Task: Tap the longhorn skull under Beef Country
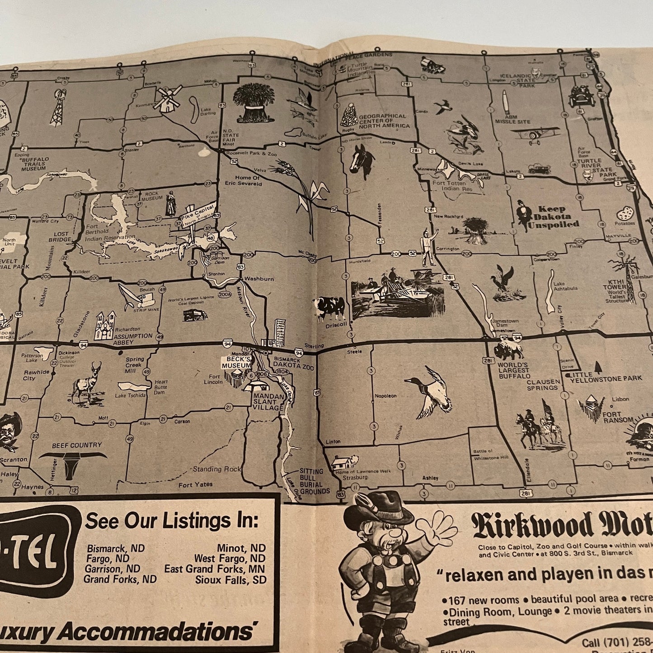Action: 72,464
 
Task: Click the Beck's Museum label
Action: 235,362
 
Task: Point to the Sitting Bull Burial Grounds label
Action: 312,481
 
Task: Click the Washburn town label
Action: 259,279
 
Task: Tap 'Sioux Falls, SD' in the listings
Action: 231,579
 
